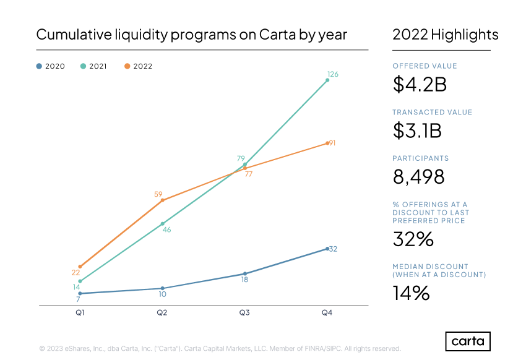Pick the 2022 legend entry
pyautogui.click(x=138, y=66)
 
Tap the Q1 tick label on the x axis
pyautogui.click(x=80, y=313)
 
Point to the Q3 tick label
pyautogui.click(x=244, y=313)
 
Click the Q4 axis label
pyautogui.click(x=327, y=313)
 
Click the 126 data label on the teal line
pyautogui.click(x=332, y=74)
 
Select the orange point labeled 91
pyautogui.click(x=327, y=144)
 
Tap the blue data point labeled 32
pyautogui.click(x=327, y=249)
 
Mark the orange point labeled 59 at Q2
pyautogui.click(x=162, y=200)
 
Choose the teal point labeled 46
pyautogui.click(x=162, y=224)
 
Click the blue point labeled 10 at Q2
pyautogui.click(x=162, y=288)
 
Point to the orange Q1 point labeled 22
pyautogui.click(x=80, y=267)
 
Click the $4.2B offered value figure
pyautogui.click(x=420, y=85)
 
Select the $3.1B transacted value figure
pyautogui.click(x=417, y=131)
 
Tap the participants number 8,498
pyautogui.click(x=419, y=177)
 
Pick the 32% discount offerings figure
pyautogui.click(x=413, y=239)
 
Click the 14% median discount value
pyautogui.click(x=411, y=293)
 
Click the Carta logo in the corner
pyautogui.click(x=468, y=341)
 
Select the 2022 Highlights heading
pyautogui.click(x=445, y=35)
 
